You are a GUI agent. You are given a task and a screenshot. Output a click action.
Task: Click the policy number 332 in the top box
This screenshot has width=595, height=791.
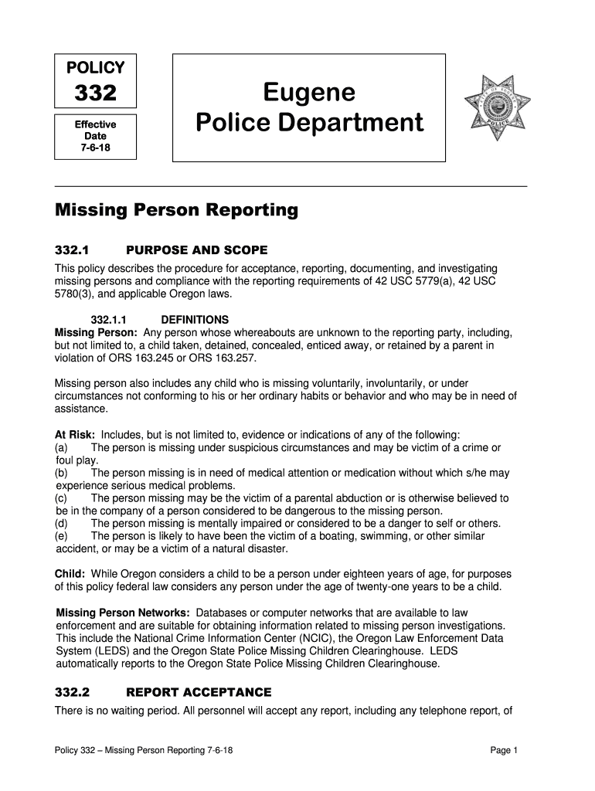pyautogui.click(x=95, y=94)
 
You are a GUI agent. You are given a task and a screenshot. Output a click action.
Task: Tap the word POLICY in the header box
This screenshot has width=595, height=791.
pyautogui.click(x=95, y=67)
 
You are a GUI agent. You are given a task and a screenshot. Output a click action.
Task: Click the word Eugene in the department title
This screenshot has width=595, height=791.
pyautogui.click(x=309, y=93)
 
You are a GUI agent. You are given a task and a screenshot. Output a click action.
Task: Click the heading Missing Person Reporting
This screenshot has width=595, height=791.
pyautogui.click(x=176, y=210)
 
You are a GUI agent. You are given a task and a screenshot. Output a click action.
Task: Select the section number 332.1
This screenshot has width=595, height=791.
pyautogui.click(x=73, y=250)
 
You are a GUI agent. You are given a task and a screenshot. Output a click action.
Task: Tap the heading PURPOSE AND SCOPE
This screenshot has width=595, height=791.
pyautogui.click(x=196, y=250)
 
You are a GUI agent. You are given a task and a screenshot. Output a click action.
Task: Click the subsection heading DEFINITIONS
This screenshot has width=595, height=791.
pyautogui.click(x=195, y=319)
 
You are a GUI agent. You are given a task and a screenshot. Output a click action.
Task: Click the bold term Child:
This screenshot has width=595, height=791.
pyautogui.click(x=70, y=574)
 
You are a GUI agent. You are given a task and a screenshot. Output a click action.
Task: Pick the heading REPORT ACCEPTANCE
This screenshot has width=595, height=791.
pyautogui.click(x=199, y=692)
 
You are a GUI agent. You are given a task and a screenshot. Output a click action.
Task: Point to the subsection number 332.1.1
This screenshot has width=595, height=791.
pyautogui.click(x=109, y=319)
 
